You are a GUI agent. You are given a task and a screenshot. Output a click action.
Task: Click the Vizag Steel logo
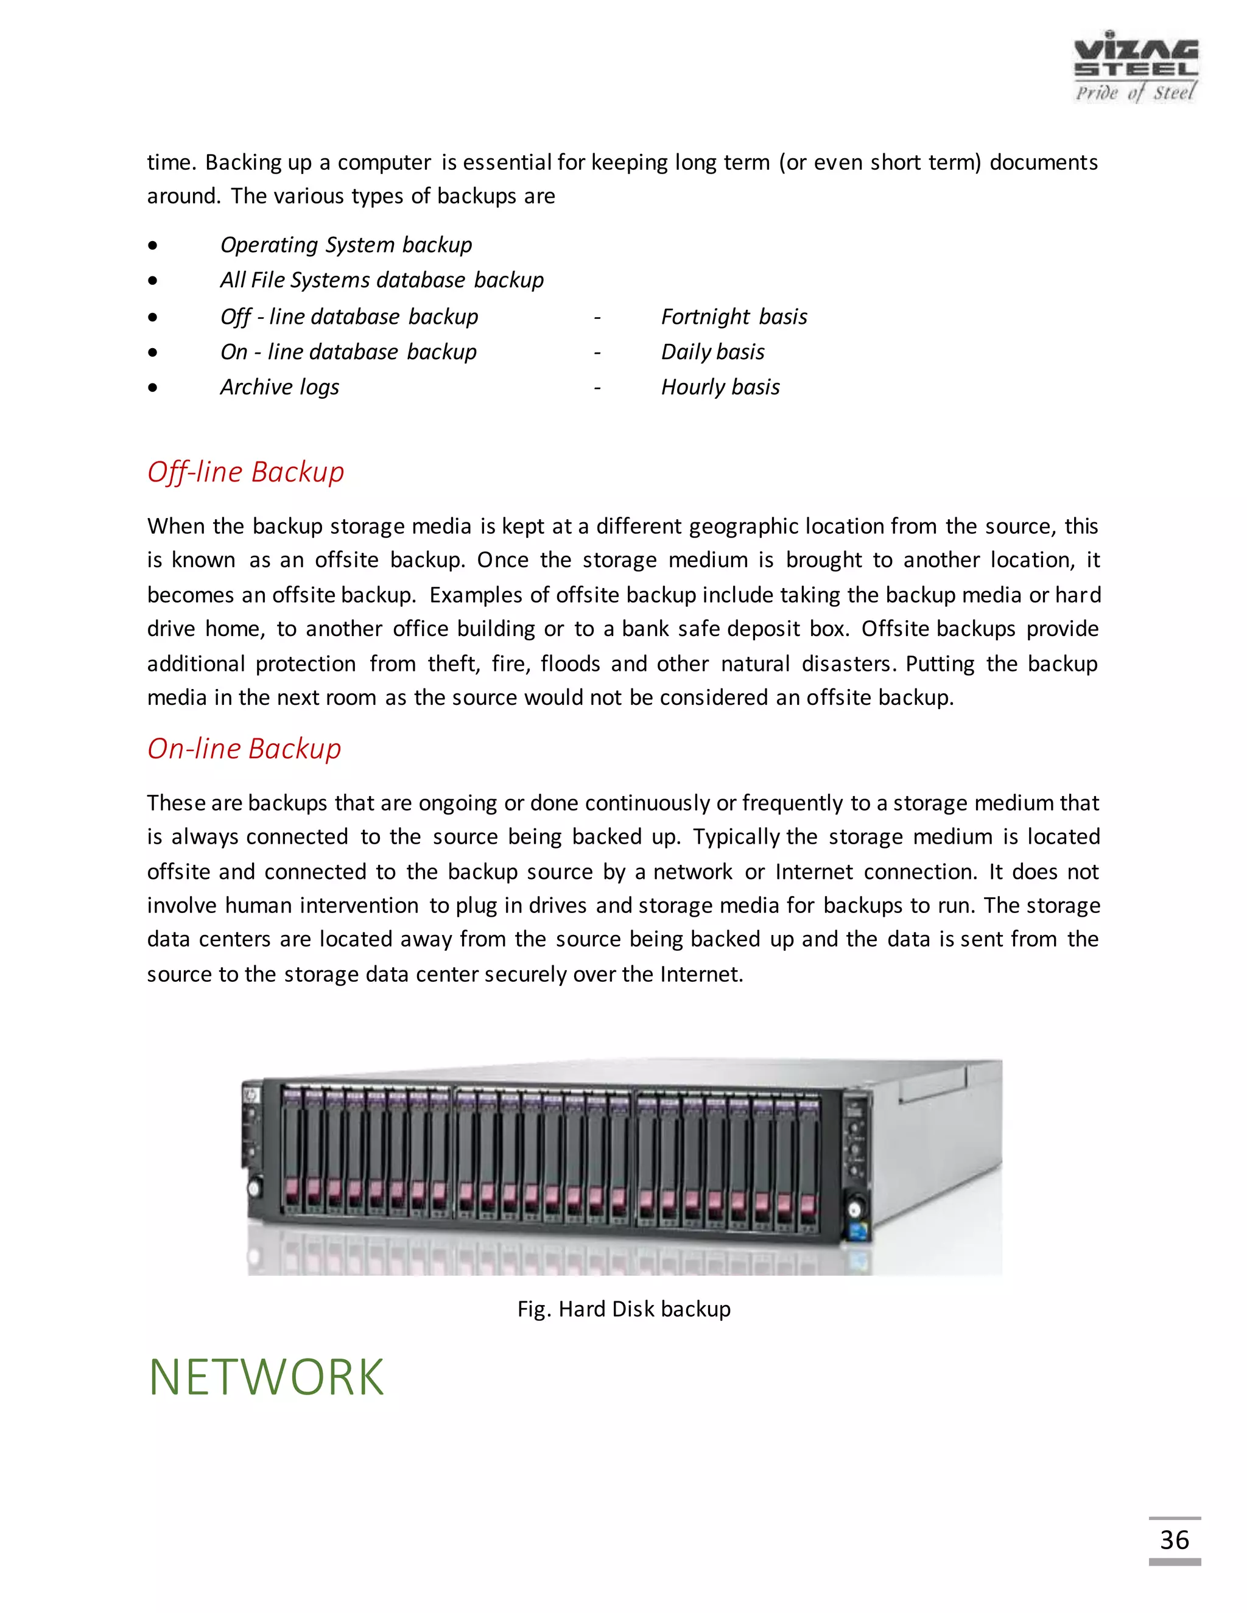1136,66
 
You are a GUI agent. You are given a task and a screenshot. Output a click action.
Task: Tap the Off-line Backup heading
245,472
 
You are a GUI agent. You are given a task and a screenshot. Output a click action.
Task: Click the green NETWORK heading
266,1377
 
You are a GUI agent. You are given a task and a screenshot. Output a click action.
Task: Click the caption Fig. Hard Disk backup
623,1309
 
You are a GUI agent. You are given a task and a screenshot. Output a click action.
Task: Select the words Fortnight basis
734,317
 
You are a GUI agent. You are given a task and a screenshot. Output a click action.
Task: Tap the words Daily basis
712,352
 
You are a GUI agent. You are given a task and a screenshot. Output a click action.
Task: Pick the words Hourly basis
720,387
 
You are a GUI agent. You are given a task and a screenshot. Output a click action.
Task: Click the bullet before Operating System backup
152,246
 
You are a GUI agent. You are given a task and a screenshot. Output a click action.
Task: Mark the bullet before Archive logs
152,388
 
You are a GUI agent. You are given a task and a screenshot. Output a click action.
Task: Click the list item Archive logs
279,387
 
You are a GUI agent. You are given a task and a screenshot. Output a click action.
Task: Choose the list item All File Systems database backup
381,281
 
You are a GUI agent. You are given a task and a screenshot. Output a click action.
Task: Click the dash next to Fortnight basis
597,318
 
